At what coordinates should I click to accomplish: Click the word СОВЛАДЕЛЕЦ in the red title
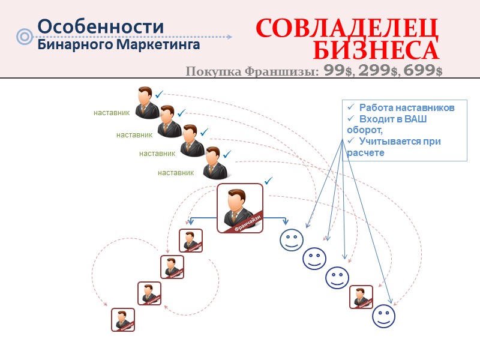[x=347, y=28]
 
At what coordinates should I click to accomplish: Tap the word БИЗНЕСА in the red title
[x=376, y=49]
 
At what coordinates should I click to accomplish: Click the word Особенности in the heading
[x=101, y=26]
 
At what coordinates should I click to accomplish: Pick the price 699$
[x=424, y=71]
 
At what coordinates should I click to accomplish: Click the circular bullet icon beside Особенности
[x=25, y=37]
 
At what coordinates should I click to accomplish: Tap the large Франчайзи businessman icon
[x=240, y=208]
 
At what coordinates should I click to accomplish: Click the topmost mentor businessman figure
[x=146, y=103]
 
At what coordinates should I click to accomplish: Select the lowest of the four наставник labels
[x=176, y=173]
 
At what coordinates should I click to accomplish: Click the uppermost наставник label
[x=112, y=112]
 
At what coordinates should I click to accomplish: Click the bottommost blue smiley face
[x=384, y=316]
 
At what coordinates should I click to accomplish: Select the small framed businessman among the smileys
[x=361, y=296]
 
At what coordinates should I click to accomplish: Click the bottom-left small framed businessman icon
[x=123, y=319]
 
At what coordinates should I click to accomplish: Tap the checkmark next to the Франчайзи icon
[x=268, y=180]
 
